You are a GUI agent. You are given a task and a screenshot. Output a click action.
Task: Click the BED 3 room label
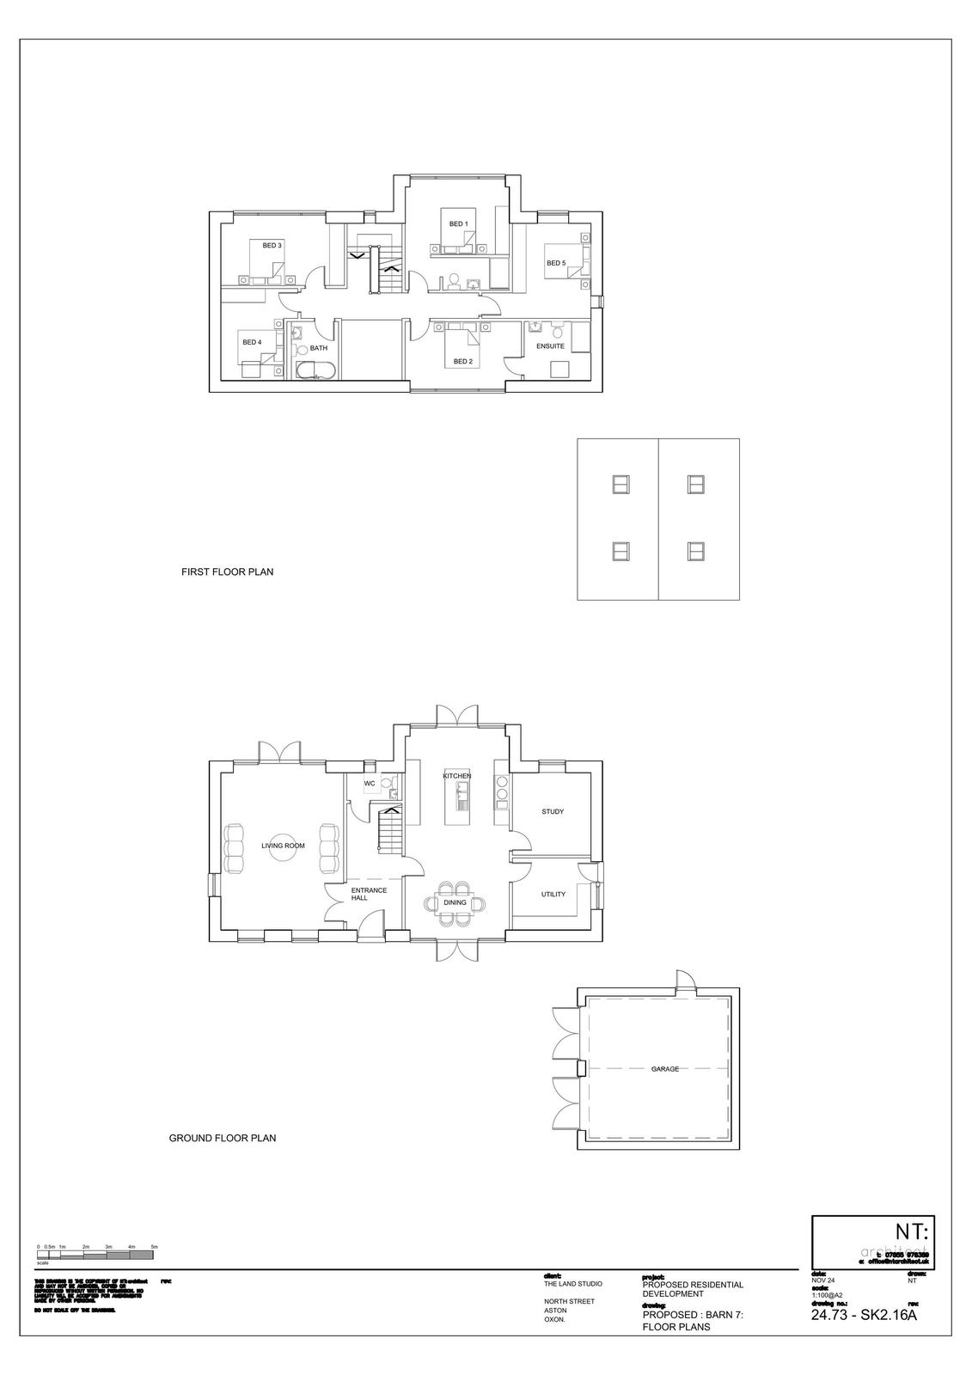pyautogui.click(x=272, y=246)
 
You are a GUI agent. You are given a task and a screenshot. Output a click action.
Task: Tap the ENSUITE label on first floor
pyautogui.click(x=550, y=345)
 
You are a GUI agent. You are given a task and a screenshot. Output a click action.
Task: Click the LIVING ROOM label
pyautogui.click(x=284, y=846)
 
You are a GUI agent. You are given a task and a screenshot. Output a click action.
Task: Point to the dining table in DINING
pyautogui.click(x=455, y=902)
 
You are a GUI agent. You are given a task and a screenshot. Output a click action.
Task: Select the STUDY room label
pyautogui.click(x=553, y=811)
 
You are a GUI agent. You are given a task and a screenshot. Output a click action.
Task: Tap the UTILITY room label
pyautogui.click(x=553, y=895)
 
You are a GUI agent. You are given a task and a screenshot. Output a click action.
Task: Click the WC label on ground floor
pyautogui.click(x=370, y=784)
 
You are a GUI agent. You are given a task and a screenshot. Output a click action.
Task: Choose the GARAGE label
pyautogui.click(x=665, y=1069)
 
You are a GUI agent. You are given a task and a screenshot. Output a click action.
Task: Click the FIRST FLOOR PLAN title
pyautogui.click(x=227, y=571)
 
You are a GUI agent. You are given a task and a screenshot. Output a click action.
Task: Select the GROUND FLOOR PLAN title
pyautogui.click(x=222, y=1138)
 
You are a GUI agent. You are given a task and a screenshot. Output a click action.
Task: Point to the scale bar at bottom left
pyautogui.click(x=95, y=1256)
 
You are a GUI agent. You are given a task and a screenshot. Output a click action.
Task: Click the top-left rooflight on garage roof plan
pyautogui.click(x=620, y=484)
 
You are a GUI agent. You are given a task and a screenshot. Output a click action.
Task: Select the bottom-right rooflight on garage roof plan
pyautogui.click(x=696, y=551)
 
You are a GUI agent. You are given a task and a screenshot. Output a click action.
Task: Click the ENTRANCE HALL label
pyautogui.click(x=369, y=894)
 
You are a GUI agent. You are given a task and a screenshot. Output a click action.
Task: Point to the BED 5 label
pyautogui.click(x=556, y=263)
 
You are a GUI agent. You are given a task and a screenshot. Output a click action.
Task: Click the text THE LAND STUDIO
pyautogui.click(x=573, y=1284)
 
